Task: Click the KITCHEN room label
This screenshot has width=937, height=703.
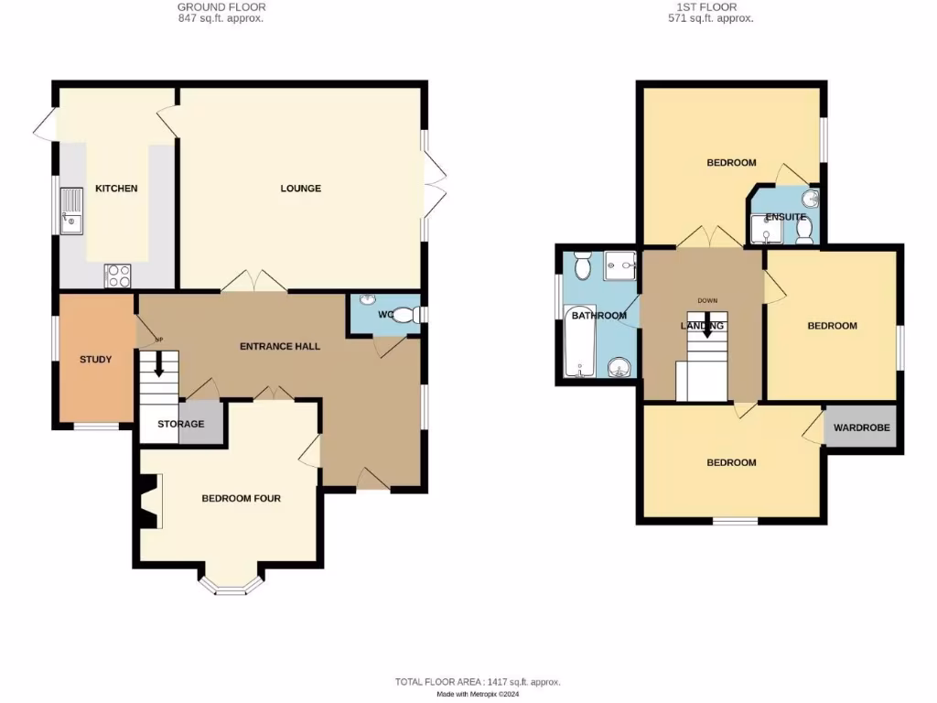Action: [116, 189]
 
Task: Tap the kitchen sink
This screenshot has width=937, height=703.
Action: [71, 210]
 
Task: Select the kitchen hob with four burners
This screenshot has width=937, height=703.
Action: [118, 276]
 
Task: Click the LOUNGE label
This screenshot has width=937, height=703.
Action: [300, 189]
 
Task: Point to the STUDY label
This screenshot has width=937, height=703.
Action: [95, 360]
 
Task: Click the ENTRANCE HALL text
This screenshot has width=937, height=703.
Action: [280, 346]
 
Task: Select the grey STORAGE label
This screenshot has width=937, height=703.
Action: [180, 424]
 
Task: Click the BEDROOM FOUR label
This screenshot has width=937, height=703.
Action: [241, 499]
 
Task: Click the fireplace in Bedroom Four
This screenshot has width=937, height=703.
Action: [148, 501]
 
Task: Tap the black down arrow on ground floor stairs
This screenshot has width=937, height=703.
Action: [158, 365]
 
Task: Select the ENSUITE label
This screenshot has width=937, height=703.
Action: [785, 217]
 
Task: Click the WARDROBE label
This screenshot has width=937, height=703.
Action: [861, 427]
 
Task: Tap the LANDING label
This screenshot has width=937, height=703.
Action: [703, 326]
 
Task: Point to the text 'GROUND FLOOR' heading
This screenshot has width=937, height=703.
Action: [221, 7]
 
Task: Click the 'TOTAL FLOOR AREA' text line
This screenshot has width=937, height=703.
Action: [477, 682]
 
